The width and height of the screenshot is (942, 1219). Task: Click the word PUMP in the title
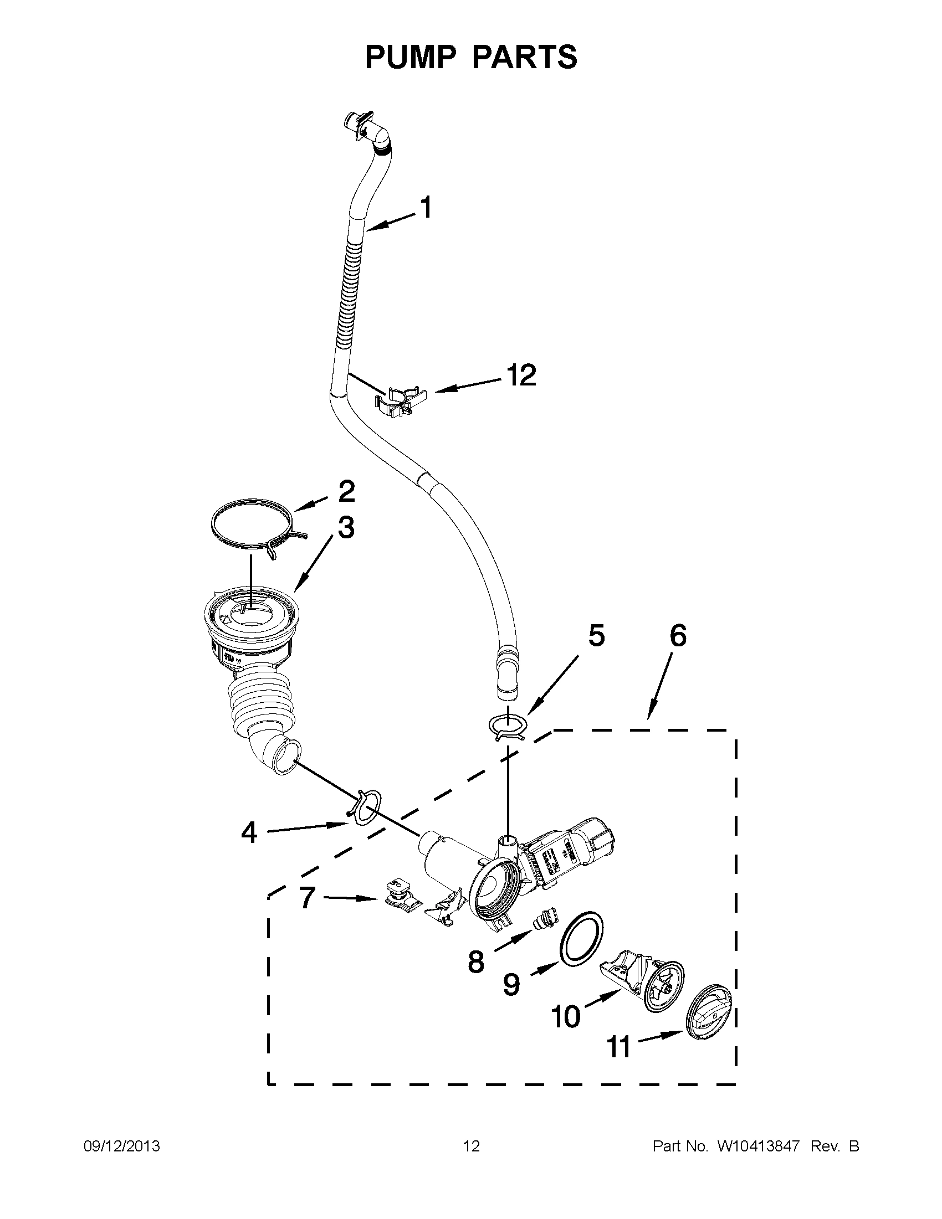coord(412,57)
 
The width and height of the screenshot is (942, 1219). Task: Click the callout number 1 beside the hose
coord(426,208)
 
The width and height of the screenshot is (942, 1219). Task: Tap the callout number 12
coord(521,375)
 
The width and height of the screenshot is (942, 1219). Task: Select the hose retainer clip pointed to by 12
coord(401,400)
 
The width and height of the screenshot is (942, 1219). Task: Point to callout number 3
coord(346,527)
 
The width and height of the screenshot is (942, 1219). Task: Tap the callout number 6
coord(677,636)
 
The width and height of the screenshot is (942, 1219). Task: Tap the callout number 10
coord(566,1016)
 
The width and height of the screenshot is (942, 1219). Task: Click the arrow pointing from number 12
coord(468,385)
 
